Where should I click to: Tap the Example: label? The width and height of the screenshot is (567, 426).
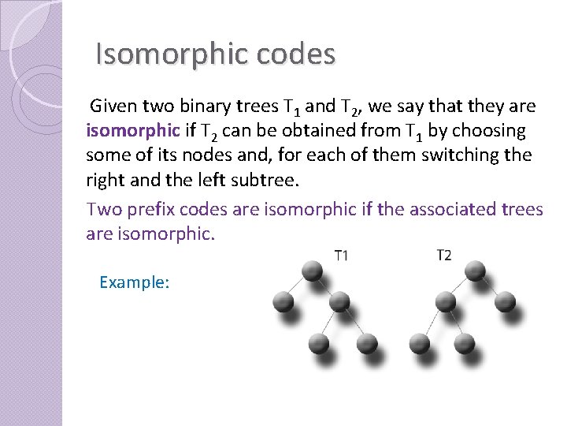tap(135, 282)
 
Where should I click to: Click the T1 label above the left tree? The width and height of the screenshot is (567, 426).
tap(342, 255)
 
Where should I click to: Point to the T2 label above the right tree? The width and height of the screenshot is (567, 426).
tap(443, 255)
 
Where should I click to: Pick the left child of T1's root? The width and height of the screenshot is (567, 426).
tap(283, 301)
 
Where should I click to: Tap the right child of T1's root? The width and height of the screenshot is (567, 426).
tap(340, 301)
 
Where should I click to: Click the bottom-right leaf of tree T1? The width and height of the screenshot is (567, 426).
tap(367, 343)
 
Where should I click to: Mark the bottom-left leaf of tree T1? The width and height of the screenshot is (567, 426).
tap(318, 343)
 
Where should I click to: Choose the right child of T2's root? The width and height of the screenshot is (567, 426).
tap(505, 301)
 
